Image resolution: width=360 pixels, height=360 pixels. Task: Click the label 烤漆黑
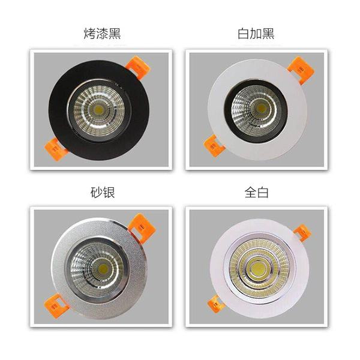pyautogui.click(x=102, y=34)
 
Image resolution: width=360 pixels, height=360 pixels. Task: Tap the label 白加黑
pyautogui.click(x=256, y=34)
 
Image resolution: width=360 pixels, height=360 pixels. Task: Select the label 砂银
pyautogui.click(x=103, y=193)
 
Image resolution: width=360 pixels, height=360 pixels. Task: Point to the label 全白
pyautogui.click(x=256, y=193)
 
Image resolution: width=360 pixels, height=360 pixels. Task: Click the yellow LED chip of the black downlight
pyautogui.click(x=99, y=110)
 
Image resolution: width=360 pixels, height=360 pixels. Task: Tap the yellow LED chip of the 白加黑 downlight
pyautogui.click(x=261, y=108)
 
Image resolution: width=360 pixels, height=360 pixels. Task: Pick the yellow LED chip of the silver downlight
pyautogui.click(x=103, y=269)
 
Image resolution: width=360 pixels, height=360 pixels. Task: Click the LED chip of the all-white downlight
pyautogui.click(x=257, y=268)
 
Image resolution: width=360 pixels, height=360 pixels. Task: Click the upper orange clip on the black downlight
pyautogui.click(x=138, y=67)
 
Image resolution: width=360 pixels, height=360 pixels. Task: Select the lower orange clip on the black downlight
pyautogui.click(x=55, y=149)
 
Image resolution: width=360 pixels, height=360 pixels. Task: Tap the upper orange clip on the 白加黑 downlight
pyautogui.click(x=301, y=69)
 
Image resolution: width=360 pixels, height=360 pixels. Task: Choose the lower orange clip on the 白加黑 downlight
pyautogui.click(x=214, y=146)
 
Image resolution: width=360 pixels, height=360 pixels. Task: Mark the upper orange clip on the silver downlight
pyautogui.click(x=142, y=227)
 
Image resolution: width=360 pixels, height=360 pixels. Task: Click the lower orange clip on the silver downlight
pyautogui.click(x=56, y=306)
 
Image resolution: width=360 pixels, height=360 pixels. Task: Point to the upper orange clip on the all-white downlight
pyautogui.click(x=302, y=233)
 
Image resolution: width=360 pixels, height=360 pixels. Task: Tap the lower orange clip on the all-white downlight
pyautogui.click(x=215, y=304)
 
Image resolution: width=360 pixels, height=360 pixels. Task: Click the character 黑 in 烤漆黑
pyautogui.click(x=115, y=34)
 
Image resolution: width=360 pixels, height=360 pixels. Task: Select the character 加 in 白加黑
pyautogui.click(x=256, y=34)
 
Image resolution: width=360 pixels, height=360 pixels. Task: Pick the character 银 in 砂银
pyautogui.click(x=109, y=193)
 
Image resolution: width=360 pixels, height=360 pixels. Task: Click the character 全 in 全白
pyautogui.click(x=250, y=193)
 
